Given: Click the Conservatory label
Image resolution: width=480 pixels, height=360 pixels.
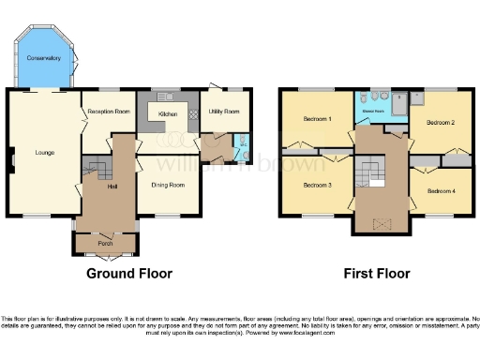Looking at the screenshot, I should coord(43,58).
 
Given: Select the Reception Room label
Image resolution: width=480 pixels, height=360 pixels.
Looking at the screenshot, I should coord(108,111).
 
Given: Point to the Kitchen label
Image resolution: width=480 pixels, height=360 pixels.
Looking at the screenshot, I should coord(168,114).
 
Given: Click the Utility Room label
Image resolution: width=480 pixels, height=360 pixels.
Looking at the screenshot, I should coord(224,112).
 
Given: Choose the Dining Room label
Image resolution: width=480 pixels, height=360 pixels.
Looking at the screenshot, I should coord(168,185).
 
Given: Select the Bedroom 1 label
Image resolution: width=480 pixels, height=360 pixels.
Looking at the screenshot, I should coord(317,119).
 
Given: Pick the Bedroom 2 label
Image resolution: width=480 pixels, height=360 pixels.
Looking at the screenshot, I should coord(441,122).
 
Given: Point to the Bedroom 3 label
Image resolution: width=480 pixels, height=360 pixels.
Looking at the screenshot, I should coord(317,184).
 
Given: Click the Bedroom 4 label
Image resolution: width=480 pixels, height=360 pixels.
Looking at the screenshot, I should coord(442,191).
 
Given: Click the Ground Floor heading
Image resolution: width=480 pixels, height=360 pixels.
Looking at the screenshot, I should coord(129,275).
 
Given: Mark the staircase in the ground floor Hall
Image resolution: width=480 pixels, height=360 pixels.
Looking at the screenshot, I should coord(97,170).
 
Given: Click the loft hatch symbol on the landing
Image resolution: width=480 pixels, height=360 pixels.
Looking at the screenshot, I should coord(379,224).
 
